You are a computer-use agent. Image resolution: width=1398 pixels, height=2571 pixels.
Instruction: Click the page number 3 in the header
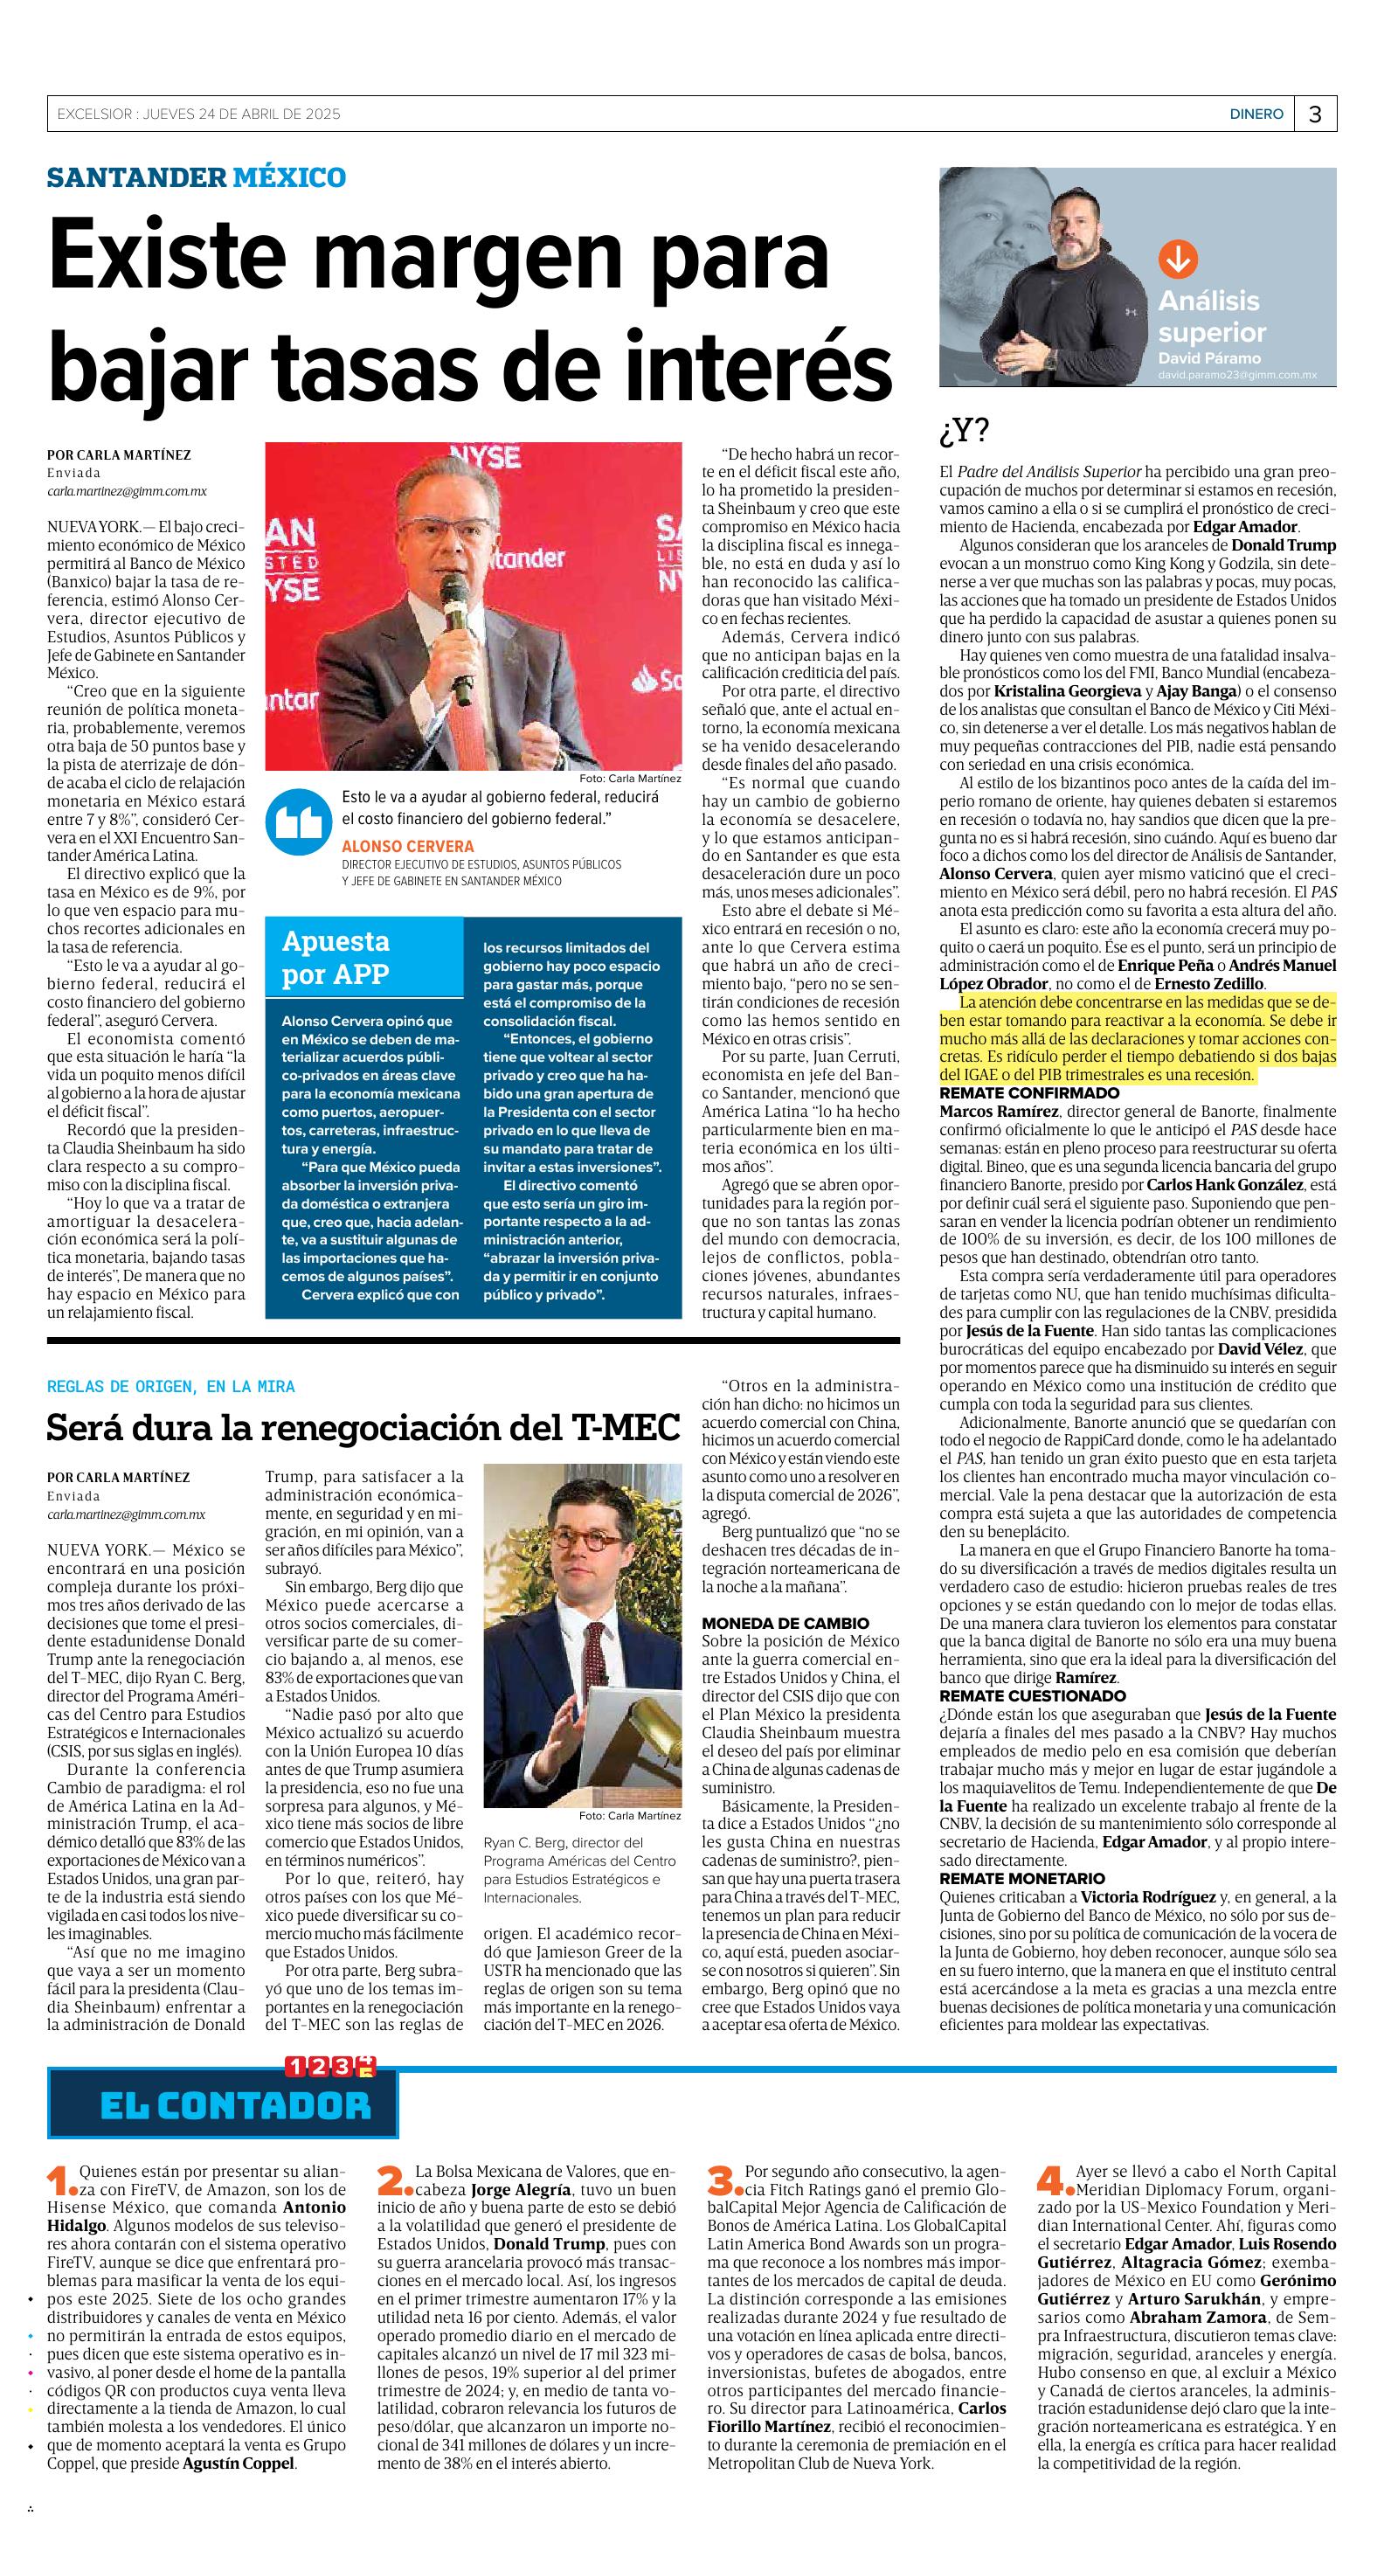[x=1314, y=114]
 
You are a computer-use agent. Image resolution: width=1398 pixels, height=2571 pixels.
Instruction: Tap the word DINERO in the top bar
[x=1256, y=114]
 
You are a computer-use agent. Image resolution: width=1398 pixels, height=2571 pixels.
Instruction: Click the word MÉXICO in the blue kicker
[x=289, y=177]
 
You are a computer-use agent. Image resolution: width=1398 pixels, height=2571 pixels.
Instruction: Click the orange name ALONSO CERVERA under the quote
[x=407, y=846]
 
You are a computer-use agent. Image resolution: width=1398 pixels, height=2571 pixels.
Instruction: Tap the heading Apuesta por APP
[x=336, y=957]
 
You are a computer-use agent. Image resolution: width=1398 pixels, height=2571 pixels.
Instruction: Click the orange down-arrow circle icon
[x=1178, y=260]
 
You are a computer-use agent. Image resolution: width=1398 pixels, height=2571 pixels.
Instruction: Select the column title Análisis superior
[x=1210, y=316]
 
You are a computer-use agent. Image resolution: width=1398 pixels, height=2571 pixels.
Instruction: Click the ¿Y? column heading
[x=964, y=431]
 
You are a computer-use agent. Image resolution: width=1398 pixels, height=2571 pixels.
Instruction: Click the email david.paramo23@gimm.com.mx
[x=1236, y=375]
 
